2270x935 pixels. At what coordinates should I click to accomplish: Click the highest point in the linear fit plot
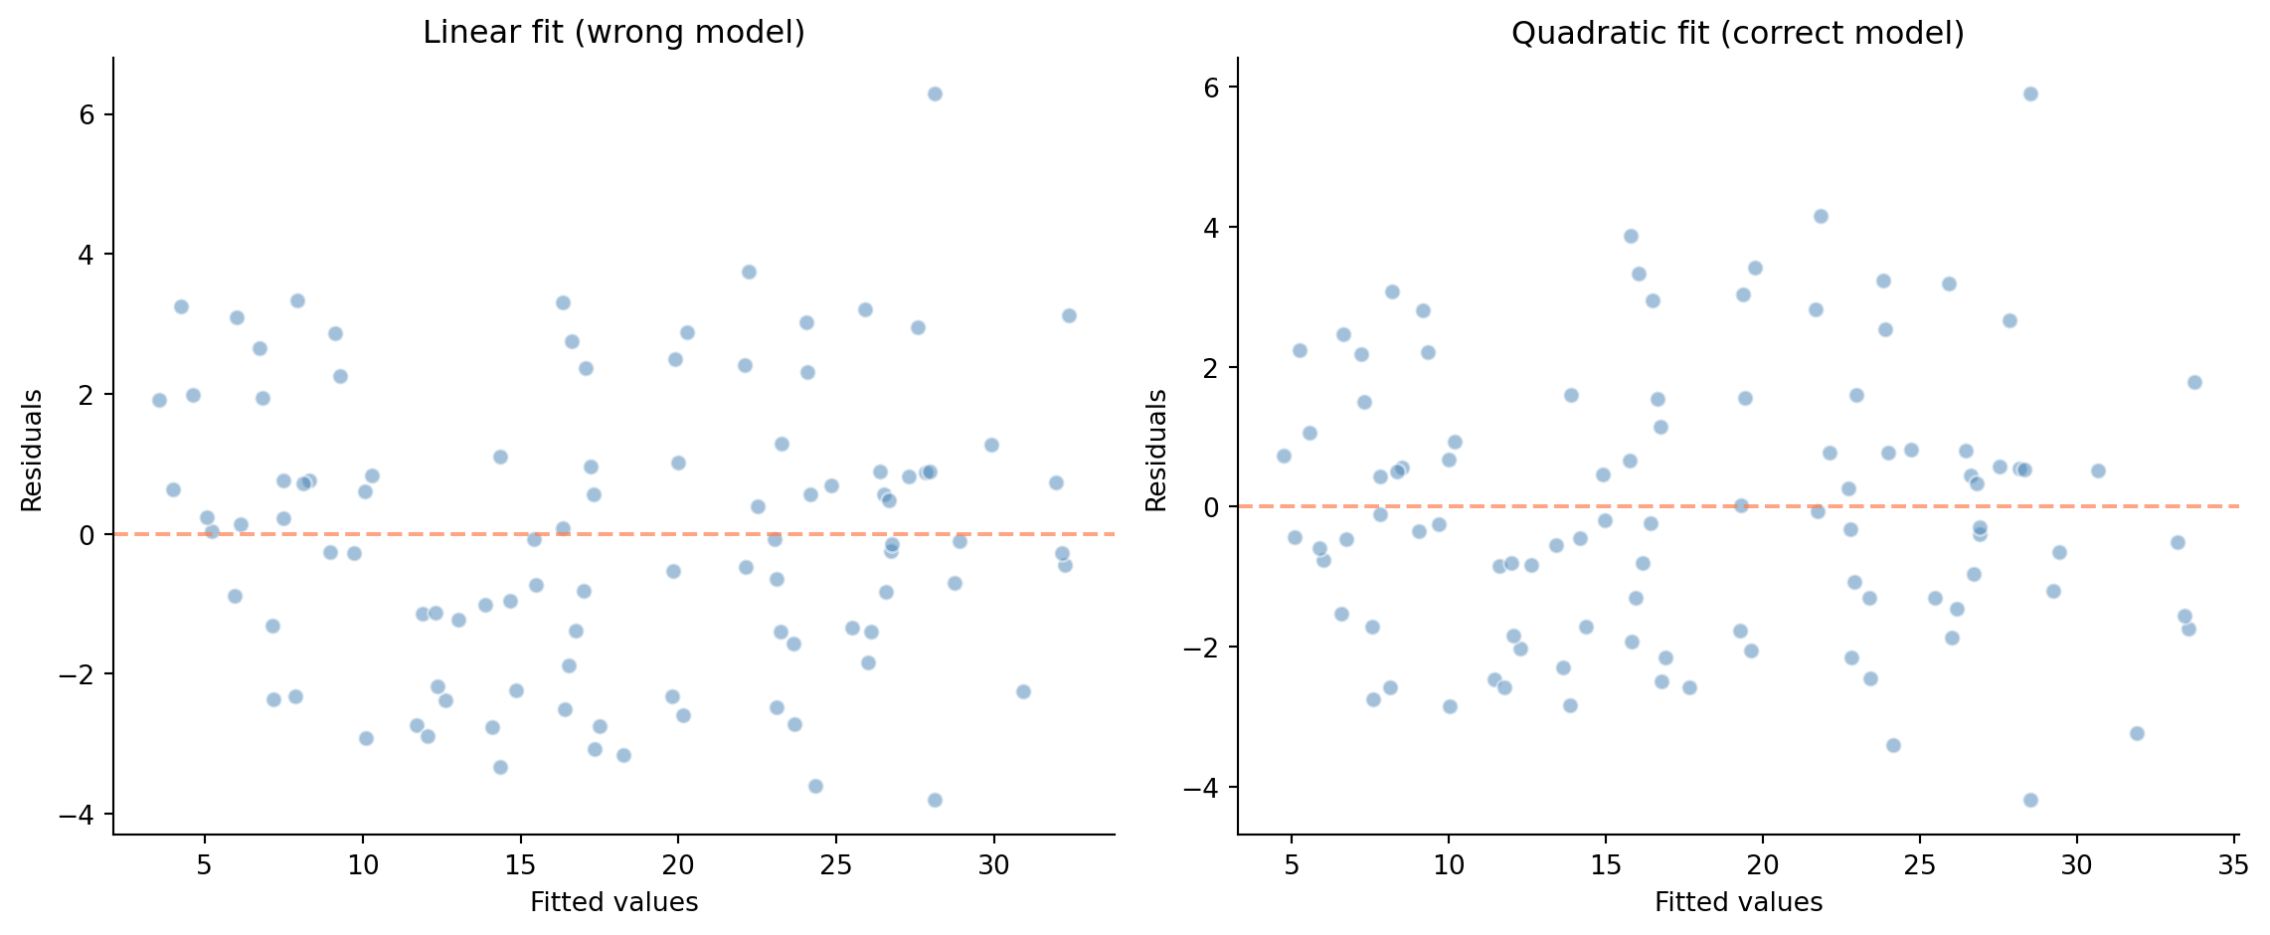(935, 93)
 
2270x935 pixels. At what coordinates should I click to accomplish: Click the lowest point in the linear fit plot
(935, 800)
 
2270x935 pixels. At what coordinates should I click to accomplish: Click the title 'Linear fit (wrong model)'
(613, 33)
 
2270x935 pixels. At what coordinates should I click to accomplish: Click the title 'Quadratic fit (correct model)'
(1737, 33)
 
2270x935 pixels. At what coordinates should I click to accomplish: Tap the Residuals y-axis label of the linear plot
(32, 451)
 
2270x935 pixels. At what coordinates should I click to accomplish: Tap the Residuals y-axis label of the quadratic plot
(1156, 451)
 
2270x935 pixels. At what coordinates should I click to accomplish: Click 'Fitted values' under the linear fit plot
(613, 902)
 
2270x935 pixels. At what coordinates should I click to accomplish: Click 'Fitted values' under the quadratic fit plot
(1738, 902)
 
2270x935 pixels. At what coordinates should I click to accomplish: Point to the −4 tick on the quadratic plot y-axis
(1199, 788)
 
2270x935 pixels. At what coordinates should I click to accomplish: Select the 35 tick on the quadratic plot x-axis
(2233, 865)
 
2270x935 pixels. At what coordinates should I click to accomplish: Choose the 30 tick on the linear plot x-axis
(993, 865)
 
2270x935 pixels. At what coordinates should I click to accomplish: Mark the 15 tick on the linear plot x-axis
(520, 865)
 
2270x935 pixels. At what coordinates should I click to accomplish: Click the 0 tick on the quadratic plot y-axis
(1211, 507)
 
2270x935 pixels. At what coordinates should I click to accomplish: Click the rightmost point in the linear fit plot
(1069, 315)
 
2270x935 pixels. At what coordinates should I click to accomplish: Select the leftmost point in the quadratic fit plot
(1284, 456)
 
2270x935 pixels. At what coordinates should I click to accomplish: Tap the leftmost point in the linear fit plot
(159, 400)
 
